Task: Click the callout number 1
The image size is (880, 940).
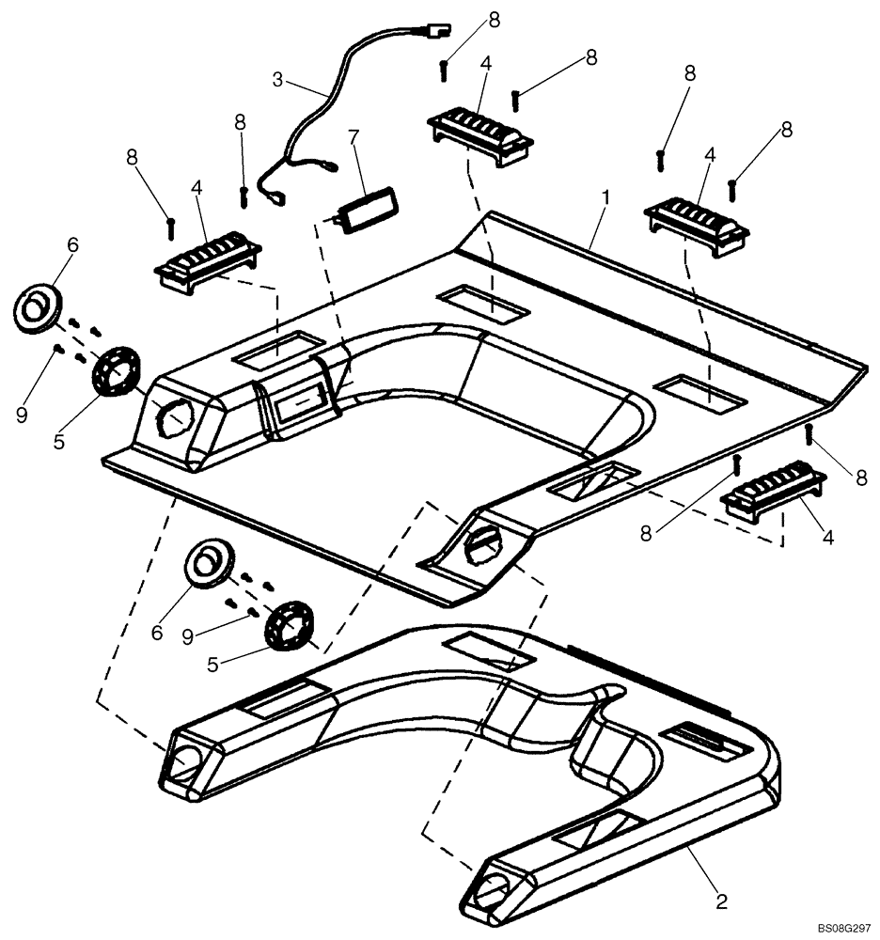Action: point(607,198)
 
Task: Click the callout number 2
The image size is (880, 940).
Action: point(721,901)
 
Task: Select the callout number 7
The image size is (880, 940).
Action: point(353,138)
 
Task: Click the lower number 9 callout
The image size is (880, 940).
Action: point(187,637)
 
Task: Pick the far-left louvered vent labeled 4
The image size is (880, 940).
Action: point(208,259)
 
